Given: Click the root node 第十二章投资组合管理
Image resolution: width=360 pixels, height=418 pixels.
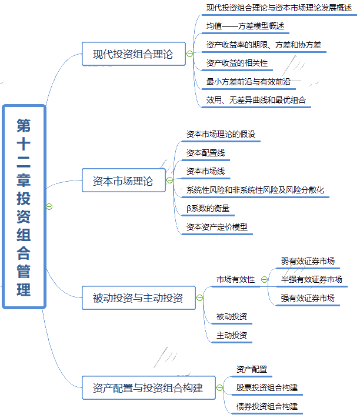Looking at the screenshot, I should pyautogui.click(x=24, y=206).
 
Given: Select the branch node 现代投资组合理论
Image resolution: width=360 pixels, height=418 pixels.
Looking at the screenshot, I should pyautogui.click(x=133, y=54).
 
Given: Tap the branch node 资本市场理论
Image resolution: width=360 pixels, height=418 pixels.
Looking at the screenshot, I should pyautogui.click(x=122, y=181).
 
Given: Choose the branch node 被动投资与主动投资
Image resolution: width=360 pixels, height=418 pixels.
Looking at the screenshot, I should pyautogui.click(x=138, y=297).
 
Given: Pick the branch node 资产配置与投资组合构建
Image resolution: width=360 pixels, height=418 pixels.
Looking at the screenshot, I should pyautogui.click(x=148, y=388).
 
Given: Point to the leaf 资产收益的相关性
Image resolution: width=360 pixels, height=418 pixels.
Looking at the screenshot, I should pyautogui.click(x=237, y=63).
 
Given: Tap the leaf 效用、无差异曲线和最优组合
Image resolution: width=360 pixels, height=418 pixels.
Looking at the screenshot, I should pyautogui.click(x=256, y=100).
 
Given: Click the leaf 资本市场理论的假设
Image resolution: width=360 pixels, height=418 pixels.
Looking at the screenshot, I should pyautogui.click(x=221, y=134).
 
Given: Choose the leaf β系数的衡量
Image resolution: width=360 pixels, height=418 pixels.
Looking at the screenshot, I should pyautogui.click(x=208, y=208).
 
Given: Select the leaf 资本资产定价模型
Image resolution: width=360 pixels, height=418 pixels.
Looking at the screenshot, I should pyautogui.click(x=217, y=226).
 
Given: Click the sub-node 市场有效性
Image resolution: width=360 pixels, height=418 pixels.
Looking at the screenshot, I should pyautogui.click(x=235, y=280).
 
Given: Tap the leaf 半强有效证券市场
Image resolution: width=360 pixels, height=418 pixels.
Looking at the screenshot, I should pyautogui.click(x=311, y=279).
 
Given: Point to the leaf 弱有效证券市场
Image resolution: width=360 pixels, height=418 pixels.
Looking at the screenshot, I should pyautogui.click(x=308, y=261).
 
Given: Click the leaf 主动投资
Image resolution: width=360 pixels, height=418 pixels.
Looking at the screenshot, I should pyautogui.click(x=231, y=335).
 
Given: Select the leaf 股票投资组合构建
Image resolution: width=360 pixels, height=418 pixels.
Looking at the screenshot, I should pyautogui.click(x=266, y=388).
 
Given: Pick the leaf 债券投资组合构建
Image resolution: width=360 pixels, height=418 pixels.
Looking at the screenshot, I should pyautogui.click(x=266, y=406).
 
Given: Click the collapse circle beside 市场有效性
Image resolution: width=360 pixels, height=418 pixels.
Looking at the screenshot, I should pyautogui.click(x=264, y=280).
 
